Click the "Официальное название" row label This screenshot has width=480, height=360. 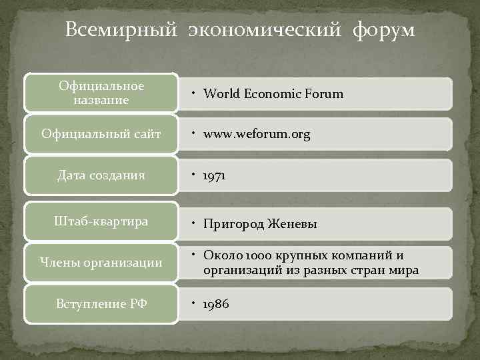(101, 93)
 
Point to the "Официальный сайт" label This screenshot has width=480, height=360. (101, 134)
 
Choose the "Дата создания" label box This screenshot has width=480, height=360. (101, 175)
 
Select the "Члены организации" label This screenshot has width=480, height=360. (101, 263)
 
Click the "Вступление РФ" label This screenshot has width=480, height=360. (101, 304)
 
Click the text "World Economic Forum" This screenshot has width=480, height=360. (273, 94)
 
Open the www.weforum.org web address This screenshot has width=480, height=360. (257, 135)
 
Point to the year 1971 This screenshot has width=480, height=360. (215, 176)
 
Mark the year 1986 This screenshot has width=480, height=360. (216, 304)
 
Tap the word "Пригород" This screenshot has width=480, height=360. (231, 225)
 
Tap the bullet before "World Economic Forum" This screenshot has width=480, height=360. (192, 93)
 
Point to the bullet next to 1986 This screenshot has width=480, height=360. (192, 303)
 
